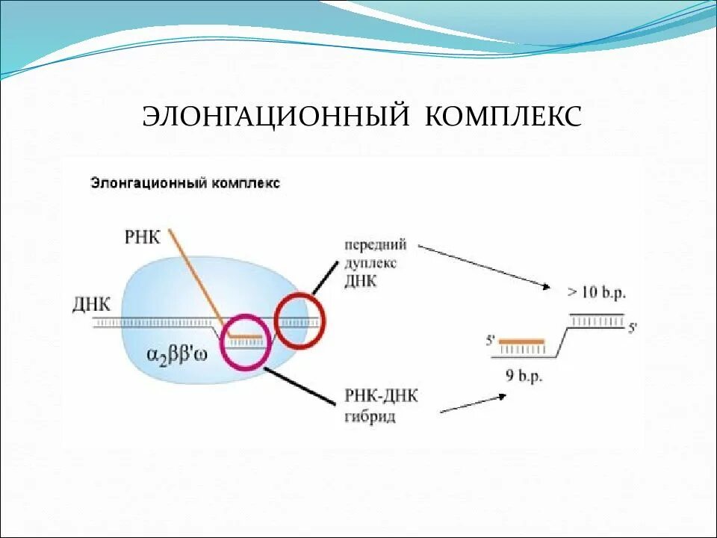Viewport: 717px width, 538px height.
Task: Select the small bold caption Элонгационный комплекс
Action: click(x=185, y=183)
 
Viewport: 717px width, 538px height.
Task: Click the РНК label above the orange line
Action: click(x=142, y=237)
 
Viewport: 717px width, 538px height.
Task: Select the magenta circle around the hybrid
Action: click(x=245, y=342)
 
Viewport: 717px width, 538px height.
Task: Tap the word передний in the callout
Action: click(x=375, y=245)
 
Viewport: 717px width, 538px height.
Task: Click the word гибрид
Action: click(x=370, y=415)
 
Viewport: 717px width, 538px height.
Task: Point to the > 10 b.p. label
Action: click(x=595, y=292)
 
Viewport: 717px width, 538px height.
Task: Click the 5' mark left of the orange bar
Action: click(x=491, y=341)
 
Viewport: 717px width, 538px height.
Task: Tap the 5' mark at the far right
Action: click(x=633, y=327)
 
